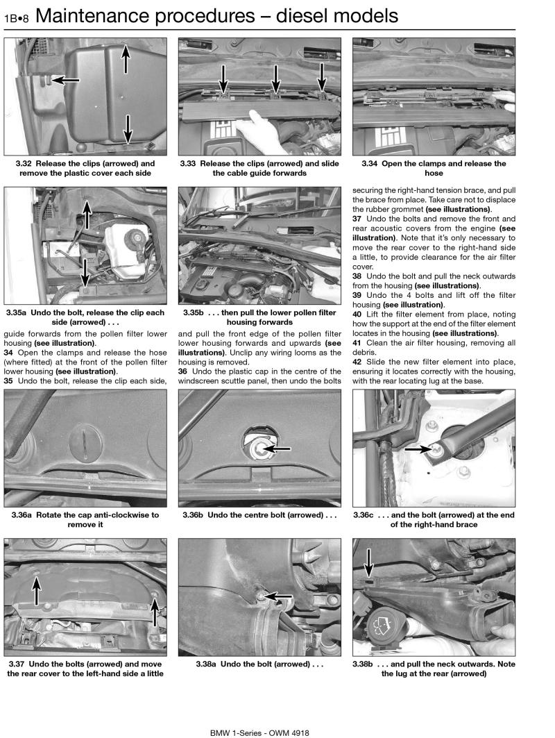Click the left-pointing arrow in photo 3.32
point(67,81)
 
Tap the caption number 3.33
point(189,164)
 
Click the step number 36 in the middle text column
point(183,371)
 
